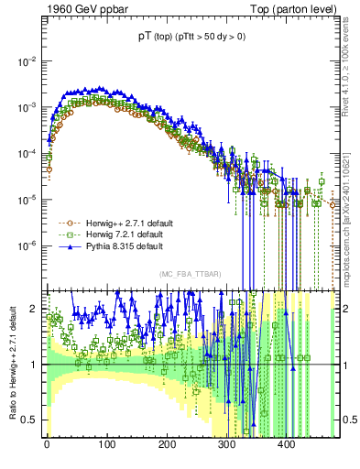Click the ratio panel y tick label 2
pyautogui.click(x=34, y=310)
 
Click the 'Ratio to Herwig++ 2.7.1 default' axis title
pyautogui.click(x=10, y=364)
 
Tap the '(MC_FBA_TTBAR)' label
pyautogui.click(x=187, y=276)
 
